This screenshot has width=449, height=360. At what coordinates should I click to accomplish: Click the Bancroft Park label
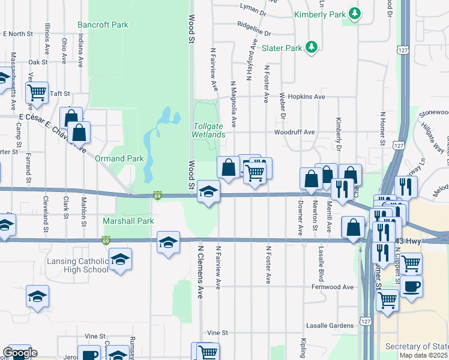(103, 25)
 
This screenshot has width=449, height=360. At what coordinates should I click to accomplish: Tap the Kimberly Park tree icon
(355, 13)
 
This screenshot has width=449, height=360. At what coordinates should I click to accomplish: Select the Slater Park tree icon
(311, 47)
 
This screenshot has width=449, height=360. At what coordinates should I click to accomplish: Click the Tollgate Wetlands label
(209, 130)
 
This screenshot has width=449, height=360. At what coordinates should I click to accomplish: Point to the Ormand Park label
(119, 158)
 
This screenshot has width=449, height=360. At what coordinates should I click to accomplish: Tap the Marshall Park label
(128, 221)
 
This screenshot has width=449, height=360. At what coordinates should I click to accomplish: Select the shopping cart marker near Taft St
(37, 92)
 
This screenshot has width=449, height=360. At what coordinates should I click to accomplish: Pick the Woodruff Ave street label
(294, 132)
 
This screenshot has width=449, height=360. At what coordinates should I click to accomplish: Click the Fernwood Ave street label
(333, 287)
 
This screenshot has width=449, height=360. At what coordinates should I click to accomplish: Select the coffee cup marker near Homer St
(412, 286)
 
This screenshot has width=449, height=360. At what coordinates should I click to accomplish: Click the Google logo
(20, 353)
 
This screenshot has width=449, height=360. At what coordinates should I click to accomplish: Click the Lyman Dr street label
(253, 10)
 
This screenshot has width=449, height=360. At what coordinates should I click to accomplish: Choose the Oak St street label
(37, 62)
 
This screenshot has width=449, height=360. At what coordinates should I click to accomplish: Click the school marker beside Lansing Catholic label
(121, 259)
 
